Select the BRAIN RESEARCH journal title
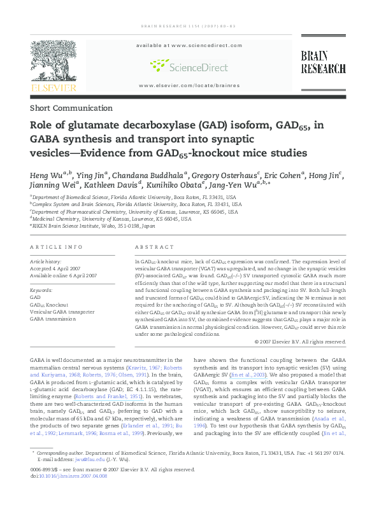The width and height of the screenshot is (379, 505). pos(323,62)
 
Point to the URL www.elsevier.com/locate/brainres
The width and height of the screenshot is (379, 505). pos(189,85)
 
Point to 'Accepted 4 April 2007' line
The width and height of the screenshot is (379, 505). pos(59,268)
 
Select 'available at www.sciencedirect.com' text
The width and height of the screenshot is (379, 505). pos(189,46)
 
